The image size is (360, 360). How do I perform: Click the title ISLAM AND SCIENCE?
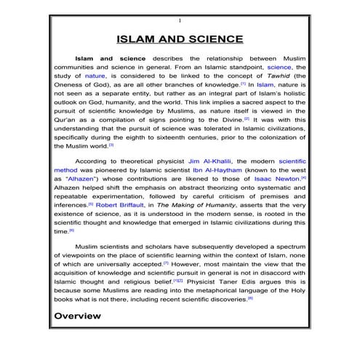coord(180,39)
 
